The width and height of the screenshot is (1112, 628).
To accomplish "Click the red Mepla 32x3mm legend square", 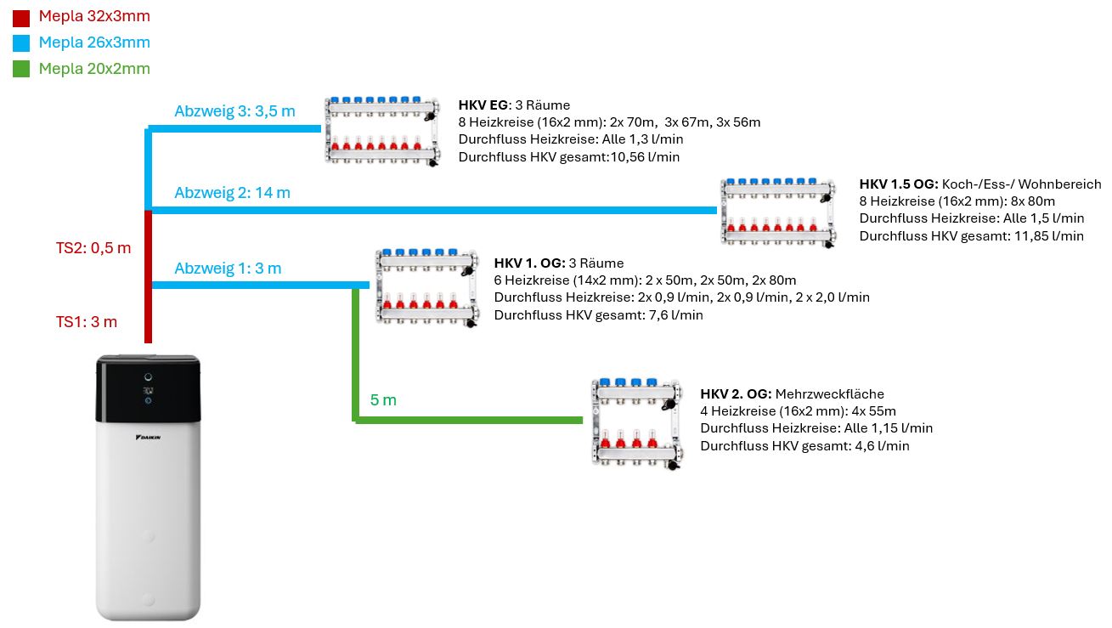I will (x=21, y=18).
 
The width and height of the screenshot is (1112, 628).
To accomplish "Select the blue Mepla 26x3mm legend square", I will (x=21, y=43).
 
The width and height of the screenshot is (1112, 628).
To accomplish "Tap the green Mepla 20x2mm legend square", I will (x=21, y=69).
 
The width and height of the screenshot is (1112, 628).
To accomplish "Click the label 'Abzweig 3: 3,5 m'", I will (x=234, y=111).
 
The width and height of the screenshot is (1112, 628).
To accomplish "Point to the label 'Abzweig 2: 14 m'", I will (x=232, y=193).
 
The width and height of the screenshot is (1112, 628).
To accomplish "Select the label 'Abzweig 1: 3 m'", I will (x=228, y=269).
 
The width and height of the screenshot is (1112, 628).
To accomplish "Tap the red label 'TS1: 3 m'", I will (x=87, y=321).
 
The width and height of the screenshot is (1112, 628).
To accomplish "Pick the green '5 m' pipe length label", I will (x=383, y=399).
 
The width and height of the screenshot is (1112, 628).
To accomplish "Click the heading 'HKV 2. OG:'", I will (x=736, y=393).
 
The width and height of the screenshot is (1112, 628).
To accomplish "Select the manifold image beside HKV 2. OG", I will (x=636, y=422).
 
